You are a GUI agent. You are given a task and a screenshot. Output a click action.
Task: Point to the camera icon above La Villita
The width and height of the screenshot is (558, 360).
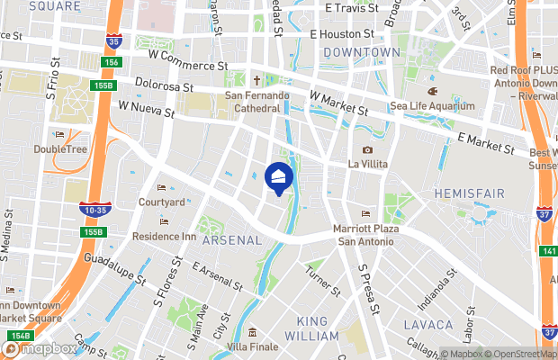pos(367,150)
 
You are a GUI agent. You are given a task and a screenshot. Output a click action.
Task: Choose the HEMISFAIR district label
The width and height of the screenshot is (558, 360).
pos(469,193)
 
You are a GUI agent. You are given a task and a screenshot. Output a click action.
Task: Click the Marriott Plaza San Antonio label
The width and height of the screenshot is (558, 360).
pos(365,235)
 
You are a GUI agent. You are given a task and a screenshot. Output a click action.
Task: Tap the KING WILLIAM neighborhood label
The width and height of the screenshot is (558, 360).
pos(311,328)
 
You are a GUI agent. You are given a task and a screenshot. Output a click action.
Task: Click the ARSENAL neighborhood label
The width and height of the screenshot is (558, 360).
pos(231,240)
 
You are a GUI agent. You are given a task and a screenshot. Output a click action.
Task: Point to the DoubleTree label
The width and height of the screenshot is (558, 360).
pos(61,148)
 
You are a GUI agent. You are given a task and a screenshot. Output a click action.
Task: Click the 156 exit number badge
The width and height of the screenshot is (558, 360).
pos(112,62)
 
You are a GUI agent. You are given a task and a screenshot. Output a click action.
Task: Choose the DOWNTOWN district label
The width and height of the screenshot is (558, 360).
pos(362,53)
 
